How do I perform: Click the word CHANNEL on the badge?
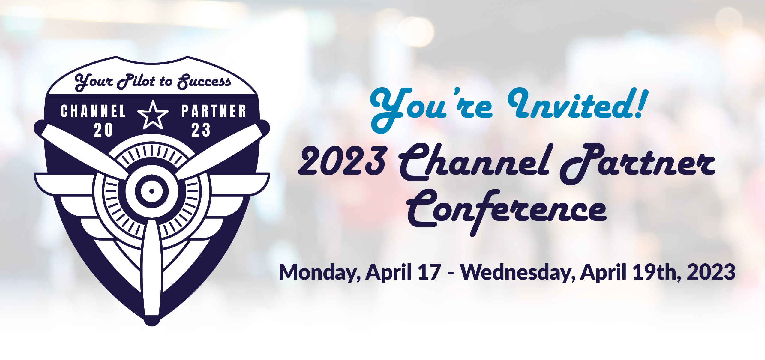[93, 111]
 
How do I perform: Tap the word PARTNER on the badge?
[214, 111]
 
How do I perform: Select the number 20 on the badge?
[103, 130]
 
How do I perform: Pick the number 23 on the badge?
[201, 130]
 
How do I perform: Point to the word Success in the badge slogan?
[204, 81]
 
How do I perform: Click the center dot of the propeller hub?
[152, 191]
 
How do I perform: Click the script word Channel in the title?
[474, 162]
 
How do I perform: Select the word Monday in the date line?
[319, 272]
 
